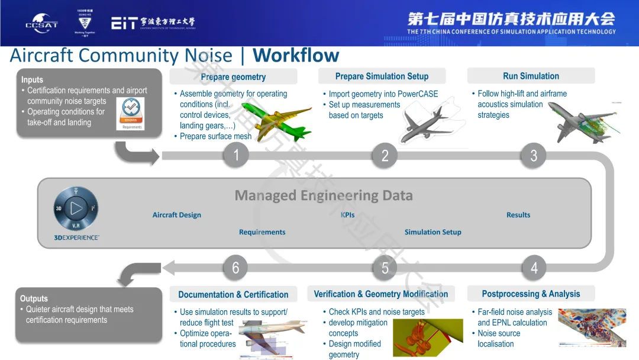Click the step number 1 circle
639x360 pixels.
click(236, 156)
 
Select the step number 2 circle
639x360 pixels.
click(385, 156)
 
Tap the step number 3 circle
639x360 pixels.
click(534, 156)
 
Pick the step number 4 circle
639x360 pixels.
click(534, 268)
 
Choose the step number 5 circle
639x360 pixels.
click(385, 268)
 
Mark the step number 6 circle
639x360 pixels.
click(235, 268)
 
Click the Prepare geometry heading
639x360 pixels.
click(233, 77)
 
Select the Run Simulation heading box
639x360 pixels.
click(531, 76)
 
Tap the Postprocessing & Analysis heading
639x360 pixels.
click(531, 294)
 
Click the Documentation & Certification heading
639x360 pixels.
click(233, 294)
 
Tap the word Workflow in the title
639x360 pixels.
click(296, 56)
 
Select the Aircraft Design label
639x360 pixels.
click(177, 215)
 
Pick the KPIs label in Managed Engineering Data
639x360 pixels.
click(348, 215)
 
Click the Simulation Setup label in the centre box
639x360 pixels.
click(433, 232)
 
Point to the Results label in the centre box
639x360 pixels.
click(518, 215)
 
